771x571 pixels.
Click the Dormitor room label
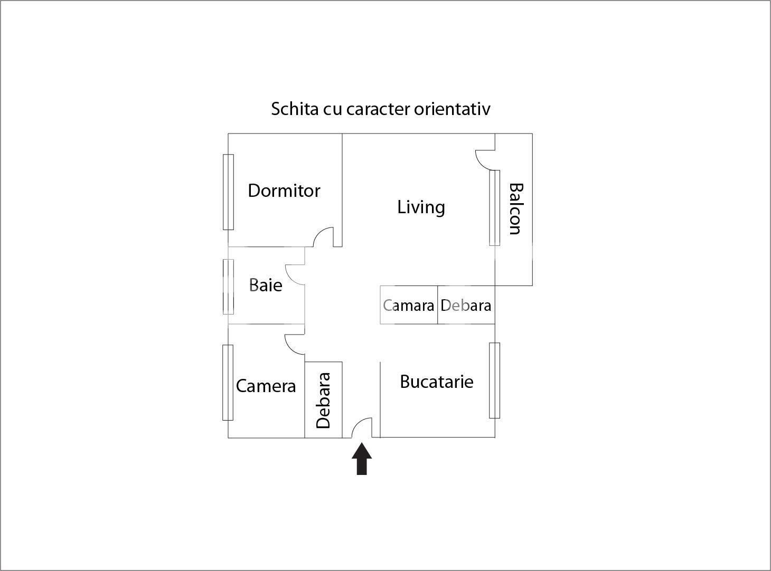click(284, 191)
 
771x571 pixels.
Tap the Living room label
click(421, 207)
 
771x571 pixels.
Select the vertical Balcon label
click(515, 208)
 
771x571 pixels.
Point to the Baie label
click(266, 285)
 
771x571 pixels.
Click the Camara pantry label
click(409, 306)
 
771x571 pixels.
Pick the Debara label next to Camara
click(466, 306)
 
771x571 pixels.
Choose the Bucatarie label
click(436, 382)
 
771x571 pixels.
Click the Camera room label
click(266, 386)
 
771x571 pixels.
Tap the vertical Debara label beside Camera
click(323, 400)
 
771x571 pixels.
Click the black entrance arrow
click(362, 459)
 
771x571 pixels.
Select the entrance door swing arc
click(360, 426)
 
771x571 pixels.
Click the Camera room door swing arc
click(293, 345)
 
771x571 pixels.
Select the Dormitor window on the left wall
click(228, 192)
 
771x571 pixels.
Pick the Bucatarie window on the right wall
click(494, 380)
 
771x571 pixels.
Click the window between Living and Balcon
click(494, 208)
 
